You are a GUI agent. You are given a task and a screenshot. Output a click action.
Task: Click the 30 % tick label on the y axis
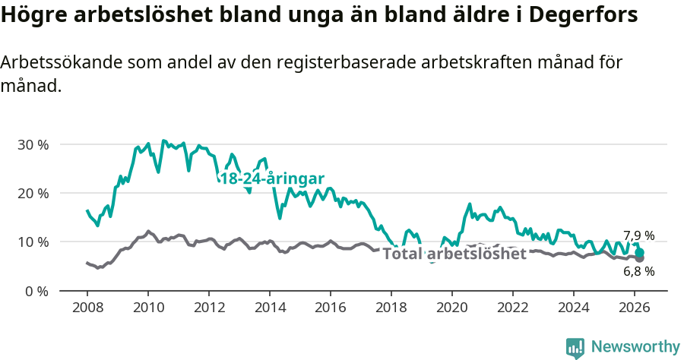tap(33, 144)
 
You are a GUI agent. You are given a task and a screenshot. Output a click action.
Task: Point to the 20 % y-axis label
tap(33, 193)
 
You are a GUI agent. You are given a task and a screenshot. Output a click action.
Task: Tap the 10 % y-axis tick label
tap(33, 242)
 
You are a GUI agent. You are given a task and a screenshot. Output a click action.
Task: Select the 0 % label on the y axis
tap(36, 291)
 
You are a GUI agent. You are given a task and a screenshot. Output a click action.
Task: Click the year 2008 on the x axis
tap(87, 308)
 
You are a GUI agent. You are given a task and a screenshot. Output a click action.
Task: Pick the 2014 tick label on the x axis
tap(269, 308)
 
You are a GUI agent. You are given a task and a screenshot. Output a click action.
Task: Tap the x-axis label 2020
tap(451, 308)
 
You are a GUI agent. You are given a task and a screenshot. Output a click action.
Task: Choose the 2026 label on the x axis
tap(634, 308)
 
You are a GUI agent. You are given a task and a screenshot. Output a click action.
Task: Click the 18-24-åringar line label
tap(272, 178)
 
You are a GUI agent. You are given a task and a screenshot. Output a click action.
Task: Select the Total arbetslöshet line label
tap(454, 254)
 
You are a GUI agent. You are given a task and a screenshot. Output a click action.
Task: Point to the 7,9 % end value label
tap(638, 235)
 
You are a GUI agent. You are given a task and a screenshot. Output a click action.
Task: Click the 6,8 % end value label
tap(638, 270)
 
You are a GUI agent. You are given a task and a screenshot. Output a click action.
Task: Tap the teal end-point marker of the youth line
tap(640, 252)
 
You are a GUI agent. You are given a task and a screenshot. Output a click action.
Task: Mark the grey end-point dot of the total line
tap(640, 258)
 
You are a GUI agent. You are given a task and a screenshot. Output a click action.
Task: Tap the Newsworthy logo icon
tap(575, 347)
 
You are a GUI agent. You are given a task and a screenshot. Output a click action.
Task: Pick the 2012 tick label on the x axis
tap(208, 308)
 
